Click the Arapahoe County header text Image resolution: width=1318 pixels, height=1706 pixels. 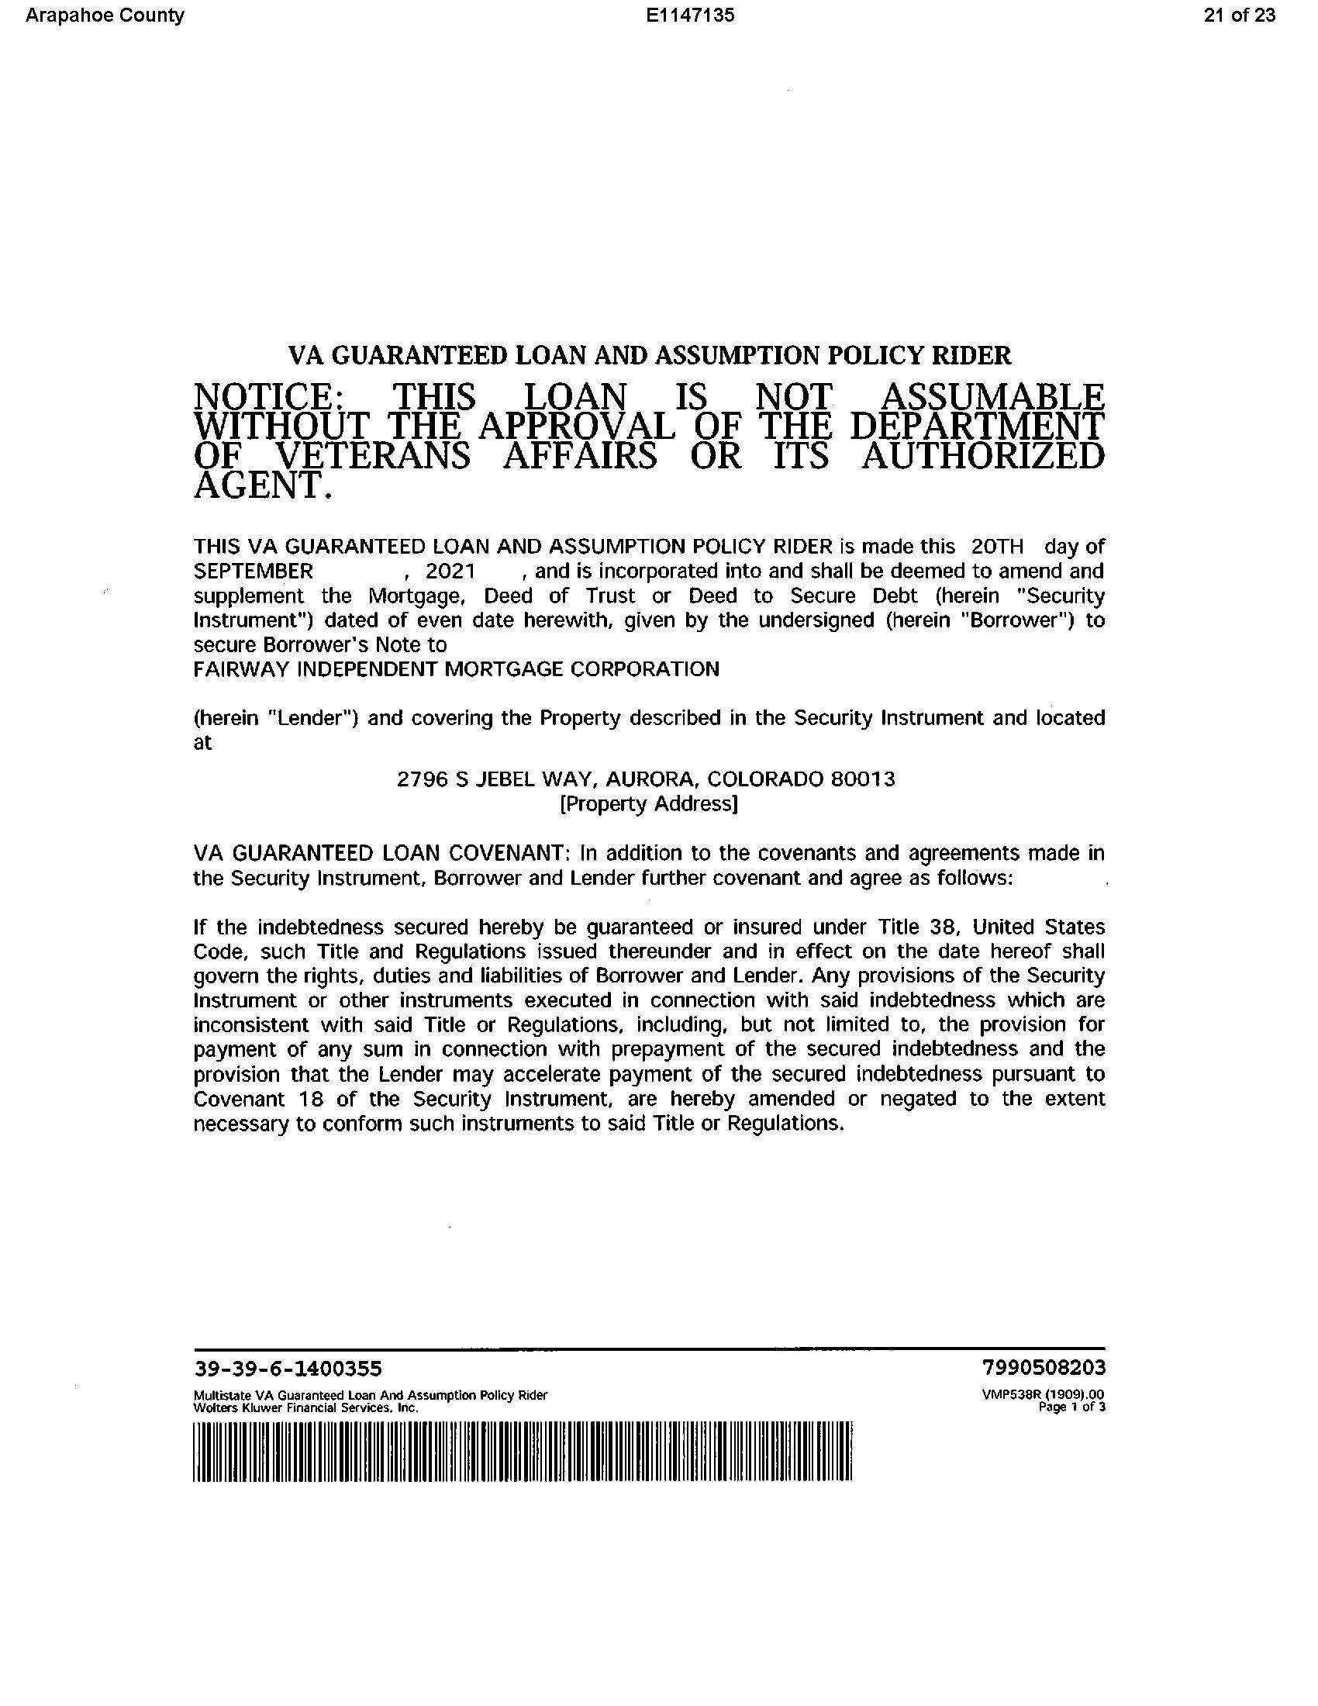(105, 16)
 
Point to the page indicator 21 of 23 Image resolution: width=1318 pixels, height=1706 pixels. (1239, 16)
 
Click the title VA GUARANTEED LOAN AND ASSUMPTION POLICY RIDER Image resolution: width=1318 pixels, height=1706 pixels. (650, 356)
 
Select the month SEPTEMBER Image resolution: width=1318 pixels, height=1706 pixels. (253, 571)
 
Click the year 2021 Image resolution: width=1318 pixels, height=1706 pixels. (450, 571)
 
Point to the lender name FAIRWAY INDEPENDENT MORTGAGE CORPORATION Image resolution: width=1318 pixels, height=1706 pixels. (456, 668)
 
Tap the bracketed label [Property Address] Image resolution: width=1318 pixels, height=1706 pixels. (649, 804)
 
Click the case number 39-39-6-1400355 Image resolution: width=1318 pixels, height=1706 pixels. (288, 1369)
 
